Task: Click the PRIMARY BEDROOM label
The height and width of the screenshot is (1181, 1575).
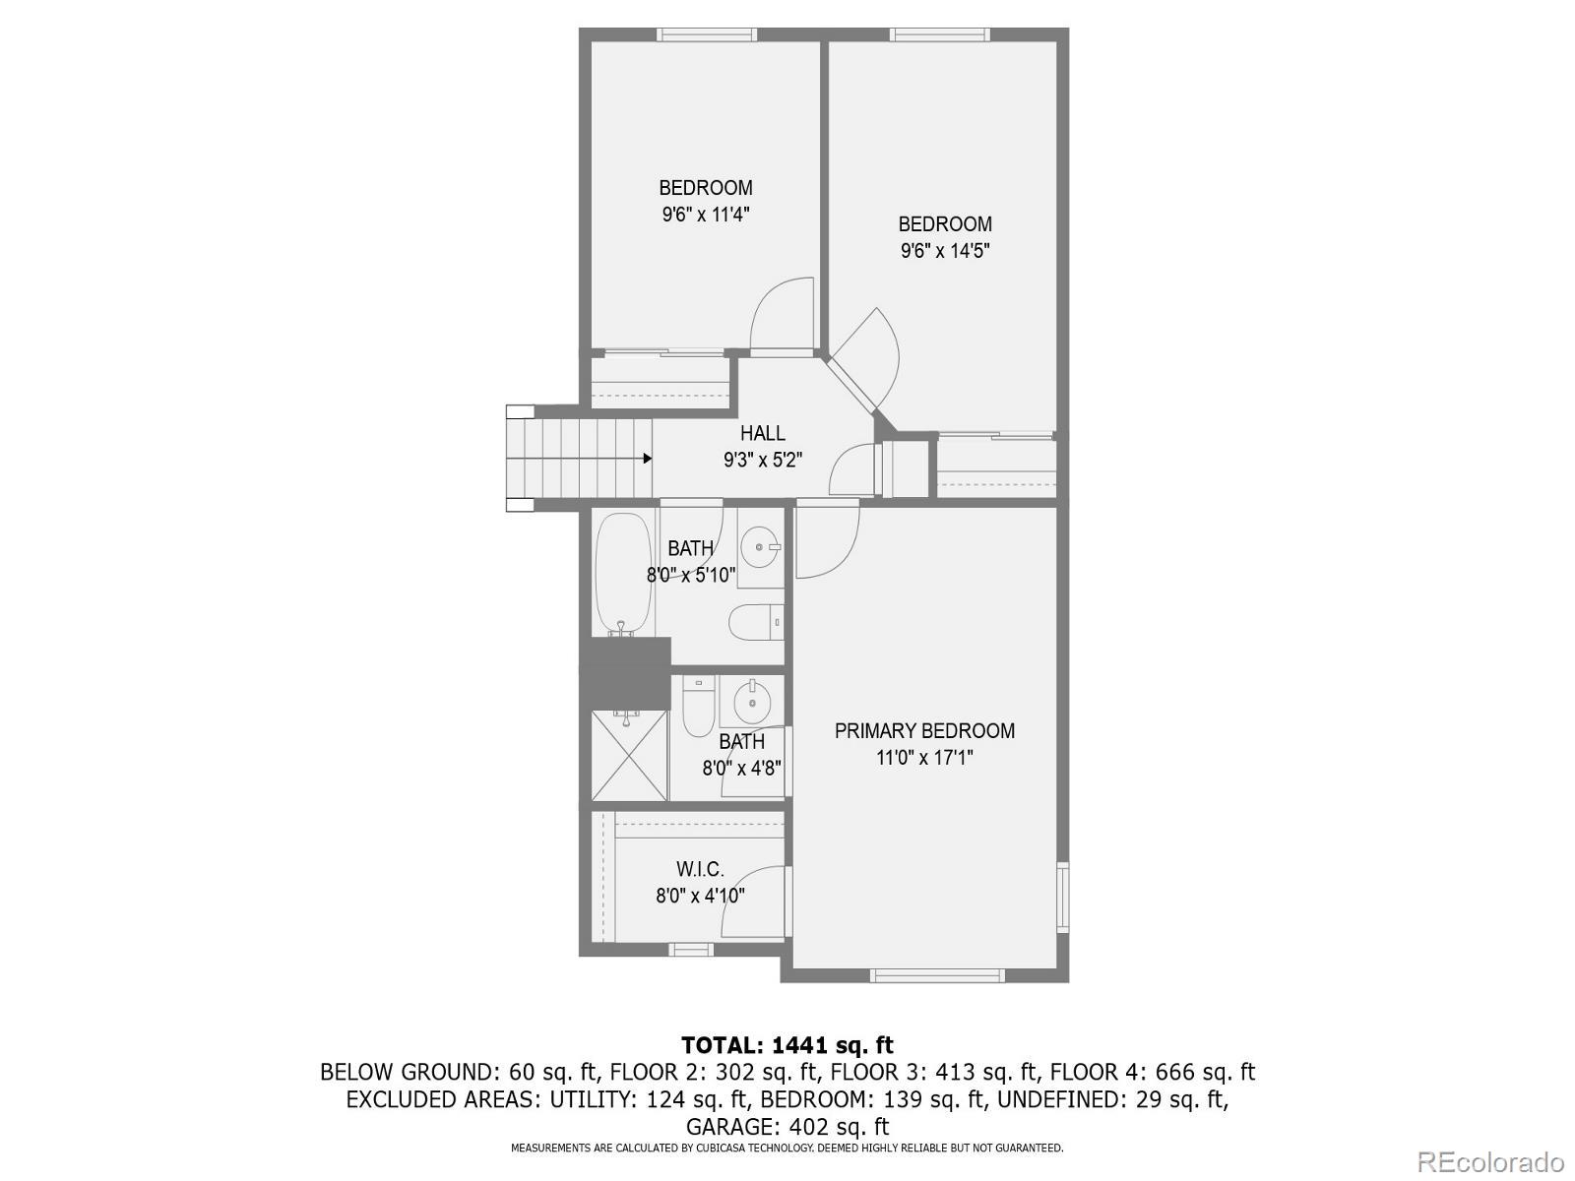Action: coord(924,731)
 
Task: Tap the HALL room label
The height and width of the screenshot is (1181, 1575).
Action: coord(763,433)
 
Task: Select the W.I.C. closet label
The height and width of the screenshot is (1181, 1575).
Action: coord(700,870)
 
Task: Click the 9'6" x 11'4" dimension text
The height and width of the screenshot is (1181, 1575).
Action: coord(706,215)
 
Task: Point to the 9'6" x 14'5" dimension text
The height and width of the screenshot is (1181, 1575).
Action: coord(945,251)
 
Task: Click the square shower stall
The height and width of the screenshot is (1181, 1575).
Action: coord(628,756)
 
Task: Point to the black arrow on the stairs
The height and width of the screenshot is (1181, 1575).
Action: coord(647,459)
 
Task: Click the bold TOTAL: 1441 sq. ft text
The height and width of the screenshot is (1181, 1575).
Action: coord(787,1045)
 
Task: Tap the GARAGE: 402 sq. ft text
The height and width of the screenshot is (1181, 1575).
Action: coord(787,1126)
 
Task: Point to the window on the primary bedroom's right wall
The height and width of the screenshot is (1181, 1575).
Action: coord(1063,897)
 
